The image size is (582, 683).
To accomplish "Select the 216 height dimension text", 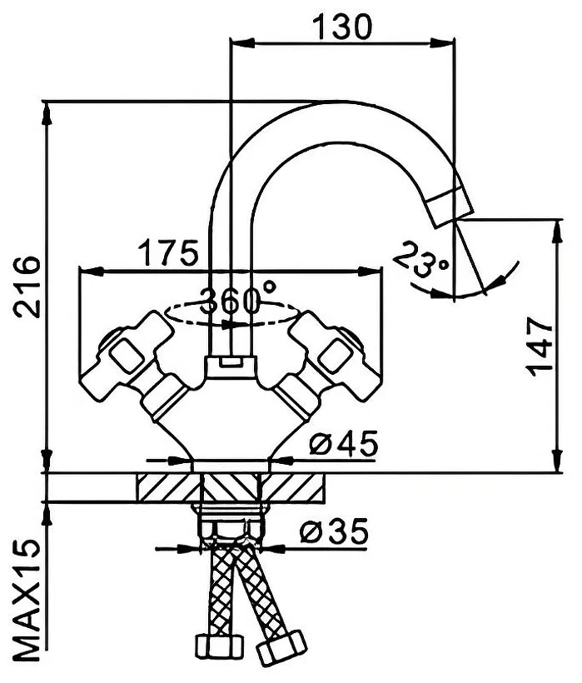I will coord(27,287).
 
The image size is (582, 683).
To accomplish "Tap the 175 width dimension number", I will coord(168,252).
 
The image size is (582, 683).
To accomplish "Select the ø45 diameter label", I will coord(343,444).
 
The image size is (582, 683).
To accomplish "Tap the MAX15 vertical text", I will coord(27,600).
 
